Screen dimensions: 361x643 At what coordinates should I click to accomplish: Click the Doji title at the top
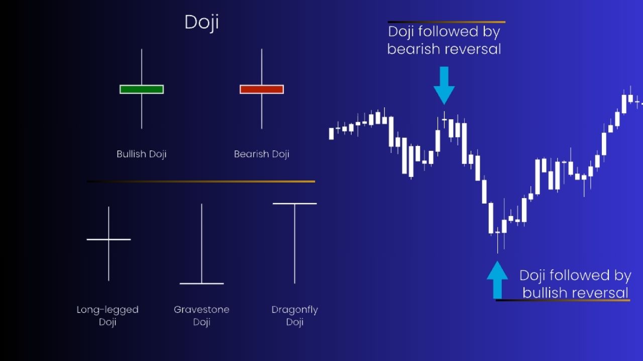pyautogui.click(x=201, y=23)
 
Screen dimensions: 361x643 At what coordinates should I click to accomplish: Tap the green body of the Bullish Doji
pyautogui.click(x=142, y=89)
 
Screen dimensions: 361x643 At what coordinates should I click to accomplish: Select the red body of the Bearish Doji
pyautogui.click(x=262, y=89)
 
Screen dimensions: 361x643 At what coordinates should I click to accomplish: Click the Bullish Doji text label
pyautogui.click(x=141, y=154)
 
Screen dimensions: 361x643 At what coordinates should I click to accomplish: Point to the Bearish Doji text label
pyautogui.click(x=261, y=154)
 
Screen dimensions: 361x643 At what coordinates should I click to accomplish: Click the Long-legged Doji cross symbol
pyautogui.click(x=109, y=240)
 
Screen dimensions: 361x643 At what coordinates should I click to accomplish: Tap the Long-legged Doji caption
pyautogui.click(x=108, y=315)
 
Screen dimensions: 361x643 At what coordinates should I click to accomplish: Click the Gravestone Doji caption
pyautogui.click(x=201, y=315)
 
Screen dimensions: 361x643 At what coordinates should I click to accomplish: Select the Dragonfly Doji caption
pyautogui.click(x=295, y=315)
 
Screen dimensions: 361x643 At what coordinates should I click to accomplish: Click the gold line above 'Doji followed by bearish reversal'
pyautogui.click(x=447, y=22)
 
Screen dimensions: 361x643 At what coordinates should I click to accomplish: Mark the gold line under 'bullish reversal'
pyautogui.click(x=563, y=300)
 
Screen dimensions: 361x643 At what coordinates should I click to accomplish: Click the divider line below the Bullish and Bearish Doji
pyautogui.click(x=201, y=182)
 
